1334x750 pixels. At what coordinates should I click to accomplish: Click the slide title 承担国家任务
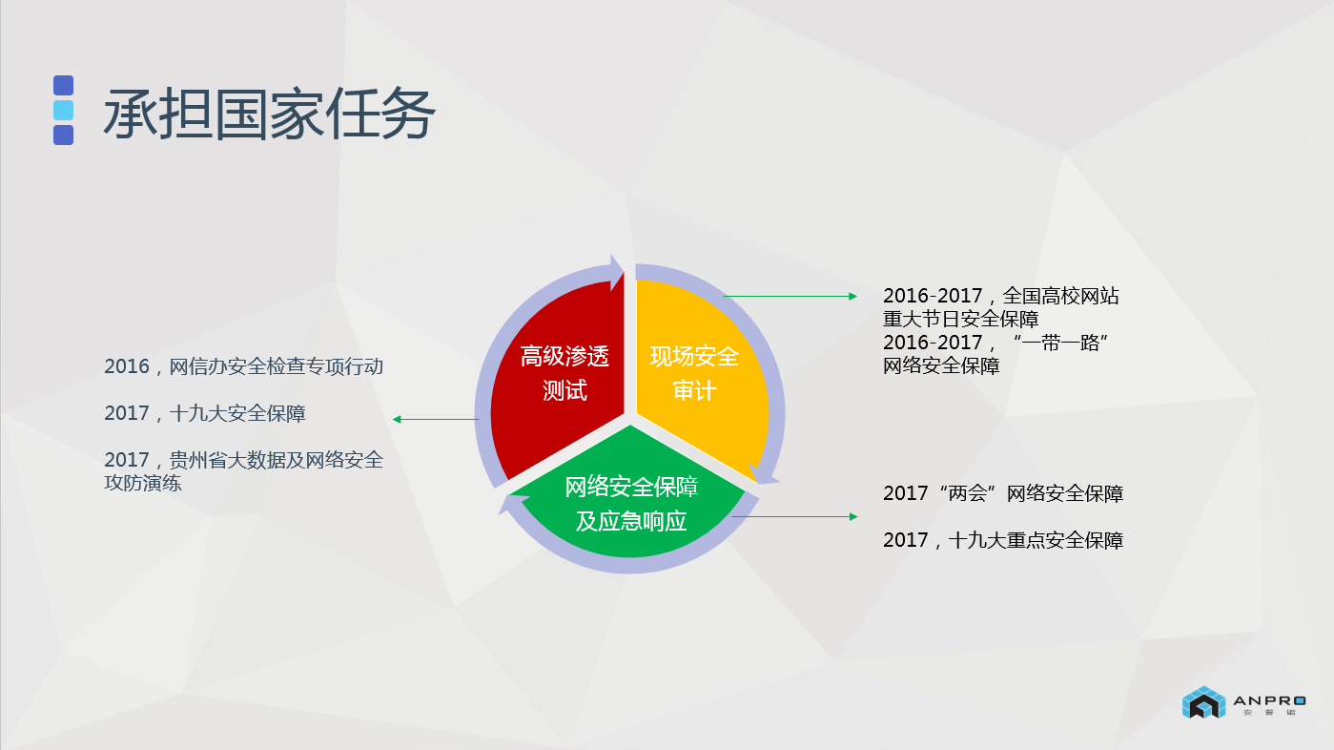[270, 115]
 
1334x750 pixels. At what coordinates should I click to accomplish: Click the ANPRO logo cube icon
[1202, 702]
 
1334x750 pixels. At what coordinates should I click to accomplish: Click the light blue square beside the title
[63, 110]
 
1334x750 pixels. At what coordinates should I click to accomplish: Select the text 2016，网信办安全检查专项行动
[244, 366]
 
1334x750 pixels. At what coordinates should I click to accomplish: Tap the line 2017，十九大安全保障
[205, 413]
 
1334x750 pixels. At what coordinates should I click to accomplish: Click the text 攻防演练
[143, 483]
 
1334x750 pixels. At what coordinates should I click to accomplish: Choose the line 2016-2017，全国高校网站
[1000, 296]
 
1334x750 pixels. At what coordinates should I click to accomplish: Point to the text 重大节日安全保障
[960, 319]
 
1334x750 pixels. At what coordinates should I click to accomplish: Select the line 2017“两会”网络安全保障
[1002, 493]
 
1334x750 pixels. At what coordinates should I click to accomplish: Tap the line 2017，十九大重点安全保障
[1002, 540]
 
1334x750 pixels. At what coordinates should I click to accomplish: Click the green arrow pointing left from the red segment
[435, 419]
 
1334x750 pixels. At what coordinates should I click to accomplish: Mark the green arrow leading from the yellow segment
[790, 297]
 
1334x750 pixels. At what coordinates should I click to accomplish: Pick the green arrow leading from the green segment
[794, 517]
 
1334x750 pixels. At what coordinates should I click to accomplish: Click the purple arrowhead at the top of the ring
[617, 271]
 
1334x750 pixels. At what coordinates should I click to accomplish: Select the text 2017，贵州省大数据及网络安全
[244, 460]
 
